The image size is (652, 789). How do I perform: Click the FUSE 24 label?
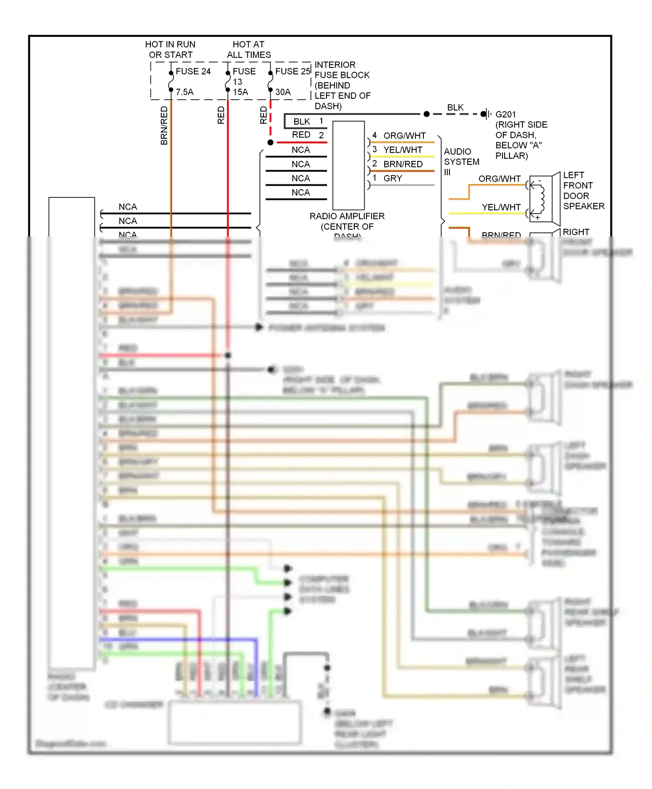pos(193,71)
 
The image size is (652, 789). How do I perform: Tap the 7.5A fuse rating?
pos(185,92)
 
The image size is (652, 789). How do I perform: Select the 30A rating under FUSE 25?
pos(283,92)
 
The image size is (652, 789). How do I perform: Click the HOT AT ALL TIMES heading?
pos(249,50)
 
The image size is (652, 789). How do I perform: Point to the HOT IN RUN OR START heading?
pos(170,50)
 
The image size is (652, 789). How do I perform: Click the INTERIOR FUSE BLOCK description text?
pos(342,85)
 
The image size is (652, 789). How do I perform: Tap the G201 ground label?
pos(506,114)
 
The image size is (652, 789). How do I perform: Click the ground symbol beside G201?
pos(486,114)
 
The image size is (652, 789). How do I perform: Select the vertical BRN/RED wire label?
pos(164,125)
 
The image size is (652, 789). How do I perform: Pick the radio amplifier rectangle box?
pos(348,165)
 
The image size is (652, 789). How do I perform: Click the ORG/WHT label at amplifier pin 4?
pos(404,136)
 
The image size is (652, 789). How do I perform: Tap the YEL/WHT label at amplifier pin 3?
pos(403,150)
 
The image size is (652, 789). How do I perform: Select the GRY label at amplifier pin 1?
pos(393,178)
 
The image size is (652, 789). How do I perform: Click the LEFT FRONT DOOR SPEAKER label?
pos(583,191)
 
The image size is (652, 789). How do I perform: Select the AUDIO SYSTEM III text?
pos(461,162)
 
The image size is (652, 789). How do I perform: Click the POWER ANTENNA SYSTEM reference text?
pos(326,328)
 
